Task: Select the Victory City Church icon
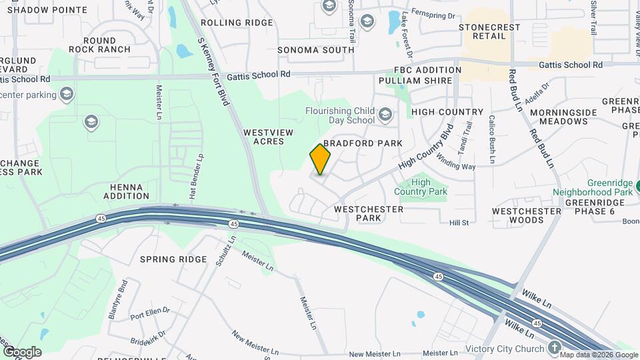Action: point(555,348)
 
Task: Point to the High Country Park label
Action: point(420,187)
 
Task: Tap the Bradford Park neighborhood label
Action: point(363,143)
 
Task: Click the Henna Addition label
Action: point(126,191)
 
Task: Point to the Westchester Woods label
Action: point(527,215)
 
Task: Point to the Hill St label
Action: point(459,223)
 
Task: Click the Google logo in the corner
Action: point(22,352)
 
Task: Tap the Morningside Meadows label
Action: point(563,117)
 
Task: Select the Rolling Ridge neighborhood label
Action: point(227,22)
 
